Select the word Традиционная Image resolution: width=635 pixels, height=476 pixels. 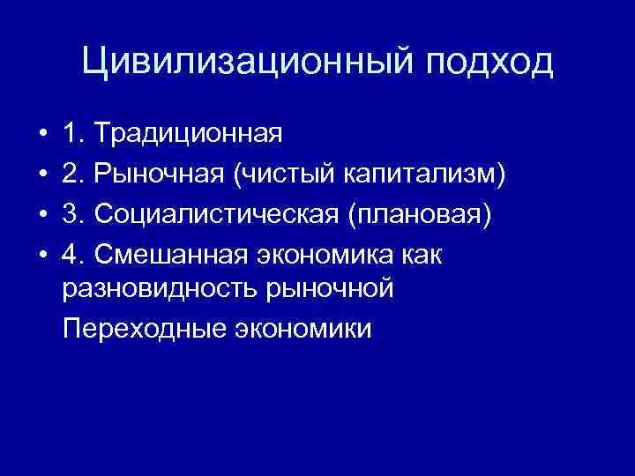[x=189, y=134]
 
